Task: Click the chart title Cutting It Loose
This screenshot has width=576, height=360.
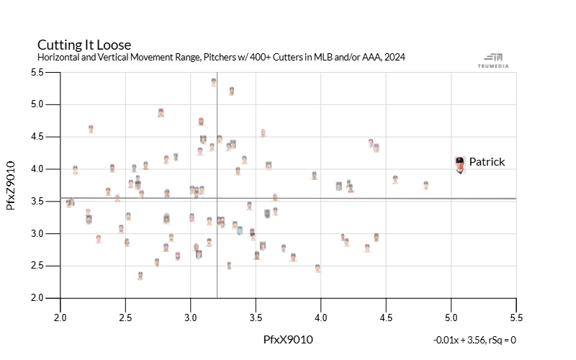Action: pos(84,45)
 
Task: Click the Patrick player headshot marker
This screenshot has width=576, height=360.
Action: pos(459,165)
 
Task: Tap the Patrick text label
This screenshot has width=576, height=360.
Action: pos(487,162)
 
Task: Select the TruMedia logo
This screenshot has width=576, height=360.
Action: pos(494,60)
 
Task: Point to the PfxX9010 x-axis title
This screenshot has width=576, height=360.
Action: pos(288,339)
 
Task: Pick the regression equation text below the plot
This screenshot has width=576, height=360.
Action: pos(474,339)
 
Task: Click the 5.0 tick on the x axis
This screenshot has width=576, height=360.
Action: pos(451,316)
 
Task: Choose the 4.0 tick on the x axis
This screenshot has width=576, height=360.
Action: pos(321,316)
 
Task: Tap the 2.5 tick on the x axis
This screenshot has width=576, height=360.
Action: pos(126,316)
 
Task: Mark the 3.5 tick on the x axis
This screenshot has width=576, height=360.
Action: pos(256,316)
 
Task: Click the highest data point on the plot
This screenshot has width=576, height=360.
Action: pos(214,82)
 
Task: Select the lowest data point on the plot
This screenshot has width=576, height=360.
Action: pos(140,276)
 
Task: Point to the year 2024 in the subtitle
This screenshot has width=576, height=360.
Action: pos(395,57)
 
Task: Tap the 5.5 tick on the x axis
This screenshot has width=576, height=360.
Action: pos(516,316)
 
